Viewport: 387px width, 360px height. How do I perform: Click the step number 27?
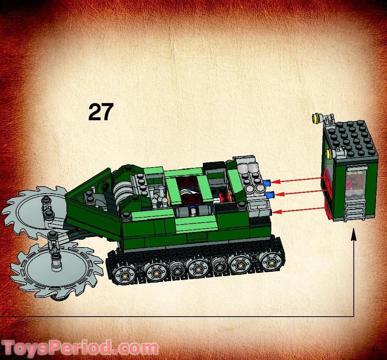click(101, 112)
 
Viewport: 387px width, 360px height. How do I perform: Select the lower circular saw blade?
click(55, 267)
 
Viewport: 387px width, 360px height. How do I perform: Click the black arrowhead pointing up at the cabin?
click(354, 233)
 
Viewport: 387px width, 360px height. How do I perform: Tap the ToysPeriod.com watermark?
click(80, 347)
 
